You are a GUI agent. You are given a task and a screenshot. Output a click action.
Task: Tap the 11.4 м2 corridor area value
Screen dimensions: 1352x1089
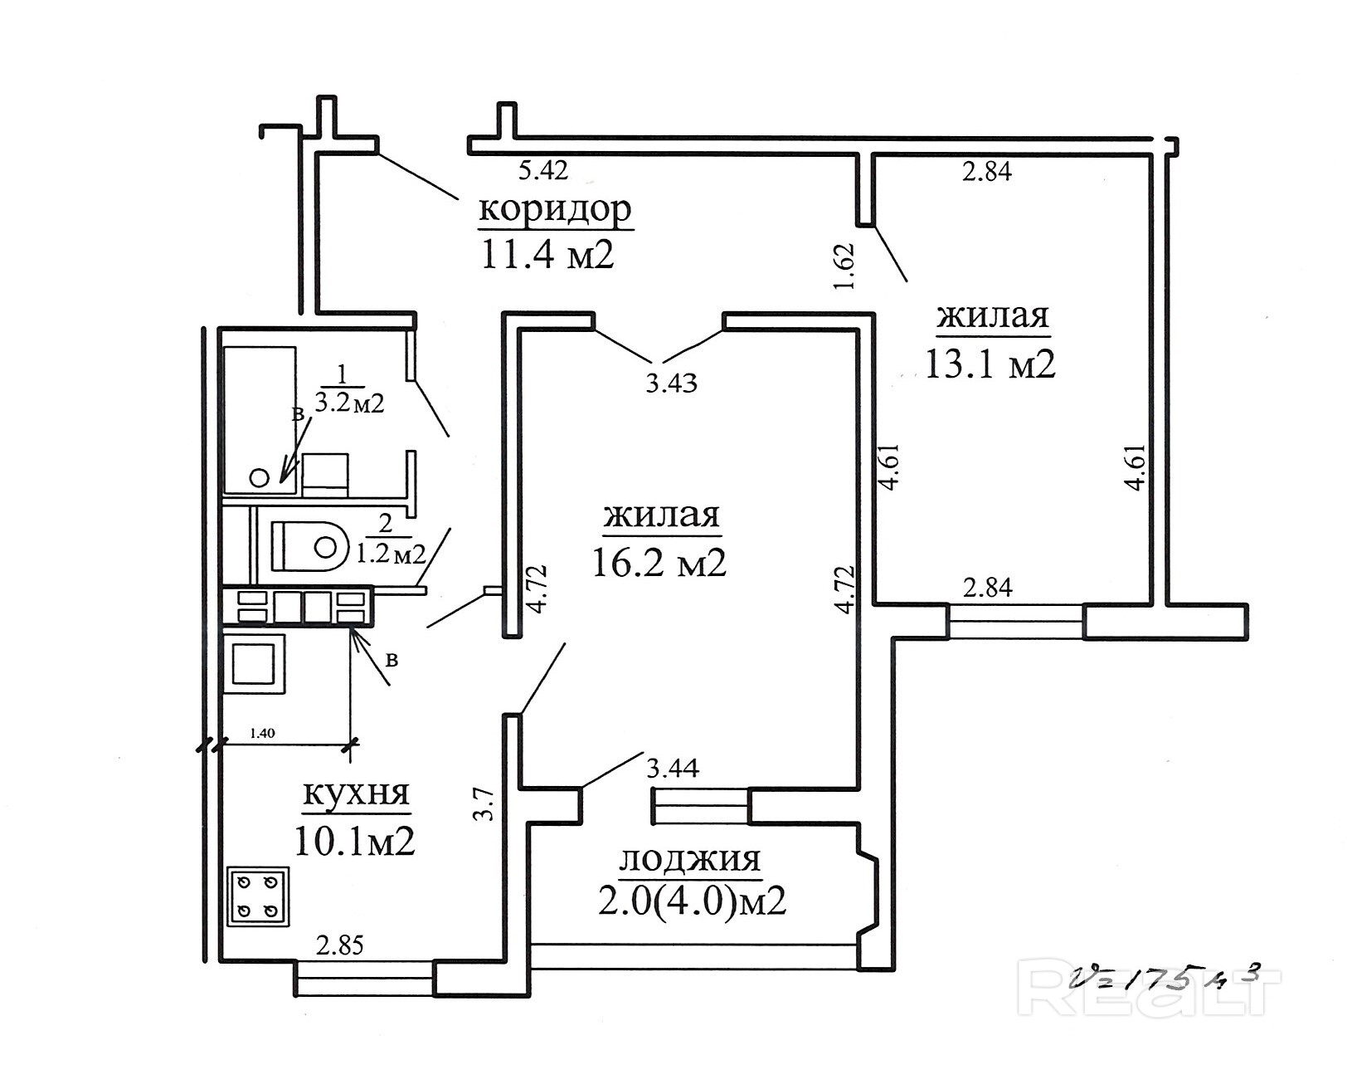[547, 254]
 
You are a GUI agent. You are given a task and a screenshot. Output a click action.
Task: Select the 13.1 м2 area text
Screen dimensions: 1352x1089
[990, 363]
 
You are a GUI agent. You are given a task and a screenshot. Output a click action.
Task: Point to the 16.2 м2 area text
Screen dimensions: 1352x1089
[659, 561]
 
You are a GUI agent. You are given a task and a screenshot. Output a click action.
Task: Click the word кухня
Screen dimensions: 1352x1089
[356, 794]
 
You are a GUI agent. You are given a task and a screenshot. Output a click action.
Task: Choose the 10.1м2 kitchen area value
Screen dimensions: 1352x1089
[355, 841]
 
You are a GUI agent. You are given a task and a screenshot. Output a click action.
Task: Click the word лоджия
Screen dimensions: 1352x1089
[690, 860]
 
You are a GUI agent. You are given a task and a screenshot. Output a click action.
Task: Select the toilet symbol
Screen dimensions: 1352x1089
[310, 546]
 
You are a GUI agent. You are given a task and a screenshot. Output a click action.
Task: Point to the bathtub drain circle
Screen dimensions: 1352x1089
[260, 477]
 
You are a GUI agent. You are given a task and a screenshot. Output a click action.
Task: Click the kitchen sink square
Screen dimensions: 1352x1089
[254, 663]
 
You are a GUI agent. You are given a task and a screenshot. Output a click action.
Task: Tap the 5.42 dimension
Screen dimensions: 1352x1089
[543, 170]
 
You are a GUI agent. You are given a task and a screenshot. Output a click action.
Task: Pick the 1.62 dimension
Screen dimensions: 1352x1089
[844, 266]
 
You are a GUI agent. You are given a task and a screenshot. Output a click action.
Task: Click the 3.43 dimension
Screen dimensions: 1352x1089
[672, 383]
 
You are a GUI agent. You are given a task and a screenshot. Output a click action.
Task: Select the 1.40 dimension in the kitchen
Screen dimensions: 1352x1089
[262, 733]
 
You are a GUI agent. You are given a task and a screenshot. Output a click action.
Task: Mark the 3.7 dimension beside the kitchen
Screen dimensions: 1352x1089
[486, 805]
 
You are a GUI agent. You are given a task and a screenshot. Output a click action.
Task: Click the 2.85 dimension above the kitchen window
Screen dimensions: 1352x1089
[340, 945]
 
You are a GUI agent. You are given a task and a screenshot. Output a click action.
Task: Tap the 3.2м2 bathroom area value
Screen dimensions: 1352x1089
[349, 403]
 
